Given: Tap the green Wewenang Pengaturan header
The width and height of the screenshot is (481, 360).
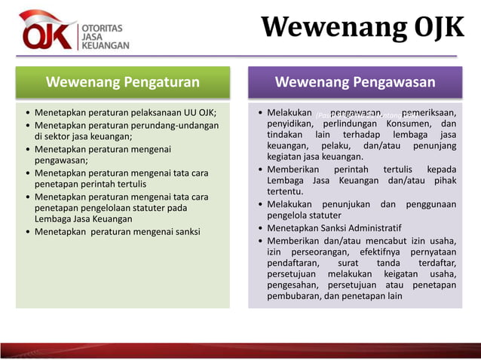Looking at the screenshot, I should (x=123, y=82).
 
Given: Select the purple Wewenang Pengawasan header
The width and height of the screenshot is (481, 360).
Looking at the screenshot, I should (x=355, y=82).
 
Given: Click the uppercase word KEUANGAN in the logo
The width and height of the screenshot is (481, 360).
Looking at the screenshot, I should (x=105, y=45).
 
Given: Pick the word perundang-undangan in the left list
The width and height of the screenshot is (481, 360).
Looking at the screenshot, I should (x=171, y=125).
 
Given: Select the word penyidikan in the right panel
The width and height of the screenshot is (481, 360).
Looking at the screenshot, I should (x=290, y=124).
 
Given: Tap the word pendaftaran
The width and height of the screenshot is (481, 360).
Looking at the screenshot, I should (x=294, y=262).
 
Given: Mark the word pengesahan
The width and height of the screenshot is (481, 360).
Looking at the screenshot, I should (x=293, y=285).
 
